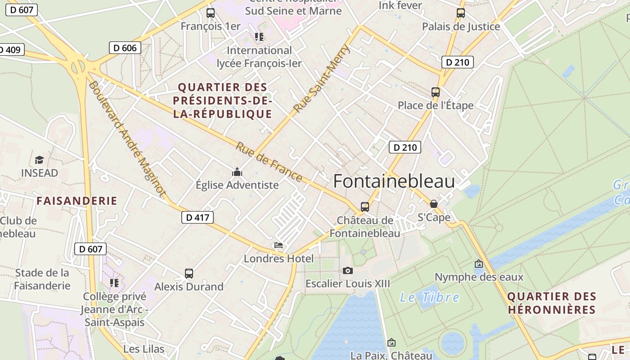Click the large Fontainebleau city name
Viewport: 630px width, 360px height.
click(394, 181)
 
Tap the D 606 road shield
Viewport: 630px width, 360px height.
click(125, 48)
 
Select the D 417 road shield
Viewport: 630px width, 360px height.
click(197, 217)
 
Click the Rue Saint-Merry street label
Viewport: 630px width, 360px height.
click(321, 79)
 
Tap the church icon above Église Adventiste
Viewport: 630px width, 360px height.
click(237, 172)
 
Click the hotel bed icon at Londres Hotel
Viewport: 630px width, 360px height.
click(279, 246)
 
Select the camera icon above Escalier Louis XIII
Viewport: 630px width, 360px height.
click(347, 270)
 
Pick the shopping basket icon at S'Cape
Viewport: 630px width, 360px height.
click(433, 204)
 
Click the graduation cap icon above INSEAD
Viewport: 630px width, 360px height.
click(39, 160)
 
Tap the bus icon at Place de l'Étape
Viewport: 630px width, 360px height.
click(435, 92)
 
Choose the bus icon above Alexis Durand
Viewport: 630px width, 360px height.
click(189, 274)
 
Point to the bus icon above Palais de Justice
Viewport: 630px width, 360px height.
click(460, 13)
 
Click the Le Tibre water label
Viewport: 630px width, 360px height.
click(430, 297)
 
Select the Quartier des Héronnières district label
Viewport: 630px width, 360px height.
click(551, 303)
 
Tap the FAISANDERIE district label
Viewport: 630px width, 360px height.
click(77, 201)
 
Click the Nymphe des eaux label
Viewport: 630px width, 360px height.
click(479, 276)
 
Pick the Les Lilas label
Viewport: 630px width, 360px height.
click(144, 349)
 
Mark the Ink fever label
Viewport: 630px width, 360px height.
click(400, 5)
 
